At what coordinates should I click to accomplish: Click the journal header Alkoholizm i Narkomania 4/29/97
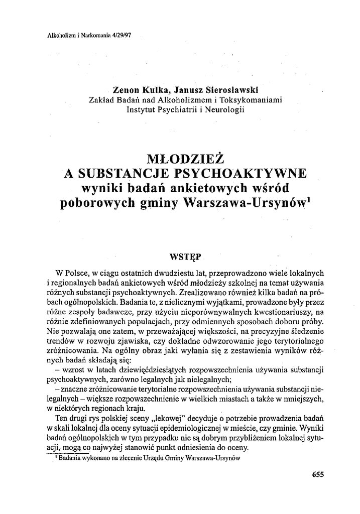[x=85, y=36]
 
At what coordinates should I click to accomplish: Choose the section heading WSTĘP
[x=185, y=257]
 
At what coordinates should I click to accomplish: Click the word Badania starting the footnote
[x=70, y=458]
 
